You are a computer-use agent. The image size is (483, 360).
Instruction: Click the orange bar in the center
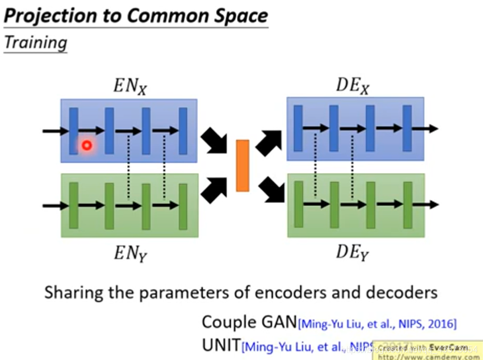[242, 165]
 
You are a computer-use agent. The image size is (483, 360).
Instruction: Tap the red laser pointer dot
[86, 146]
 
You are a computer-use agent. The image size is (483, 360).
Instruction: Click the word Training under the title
[35, 43]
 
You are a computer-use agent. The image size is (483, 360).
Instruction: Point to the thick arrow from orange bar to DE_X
[269, 141]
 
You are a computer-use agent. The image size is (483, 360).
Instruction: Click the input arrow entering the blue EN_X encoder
[55, 131]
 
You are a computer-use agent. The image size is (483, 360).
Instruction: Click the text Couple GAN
[249, 322]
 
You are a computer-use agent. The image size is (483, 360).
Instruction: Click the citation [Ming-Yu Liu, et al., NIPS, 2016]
[377, 324]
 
